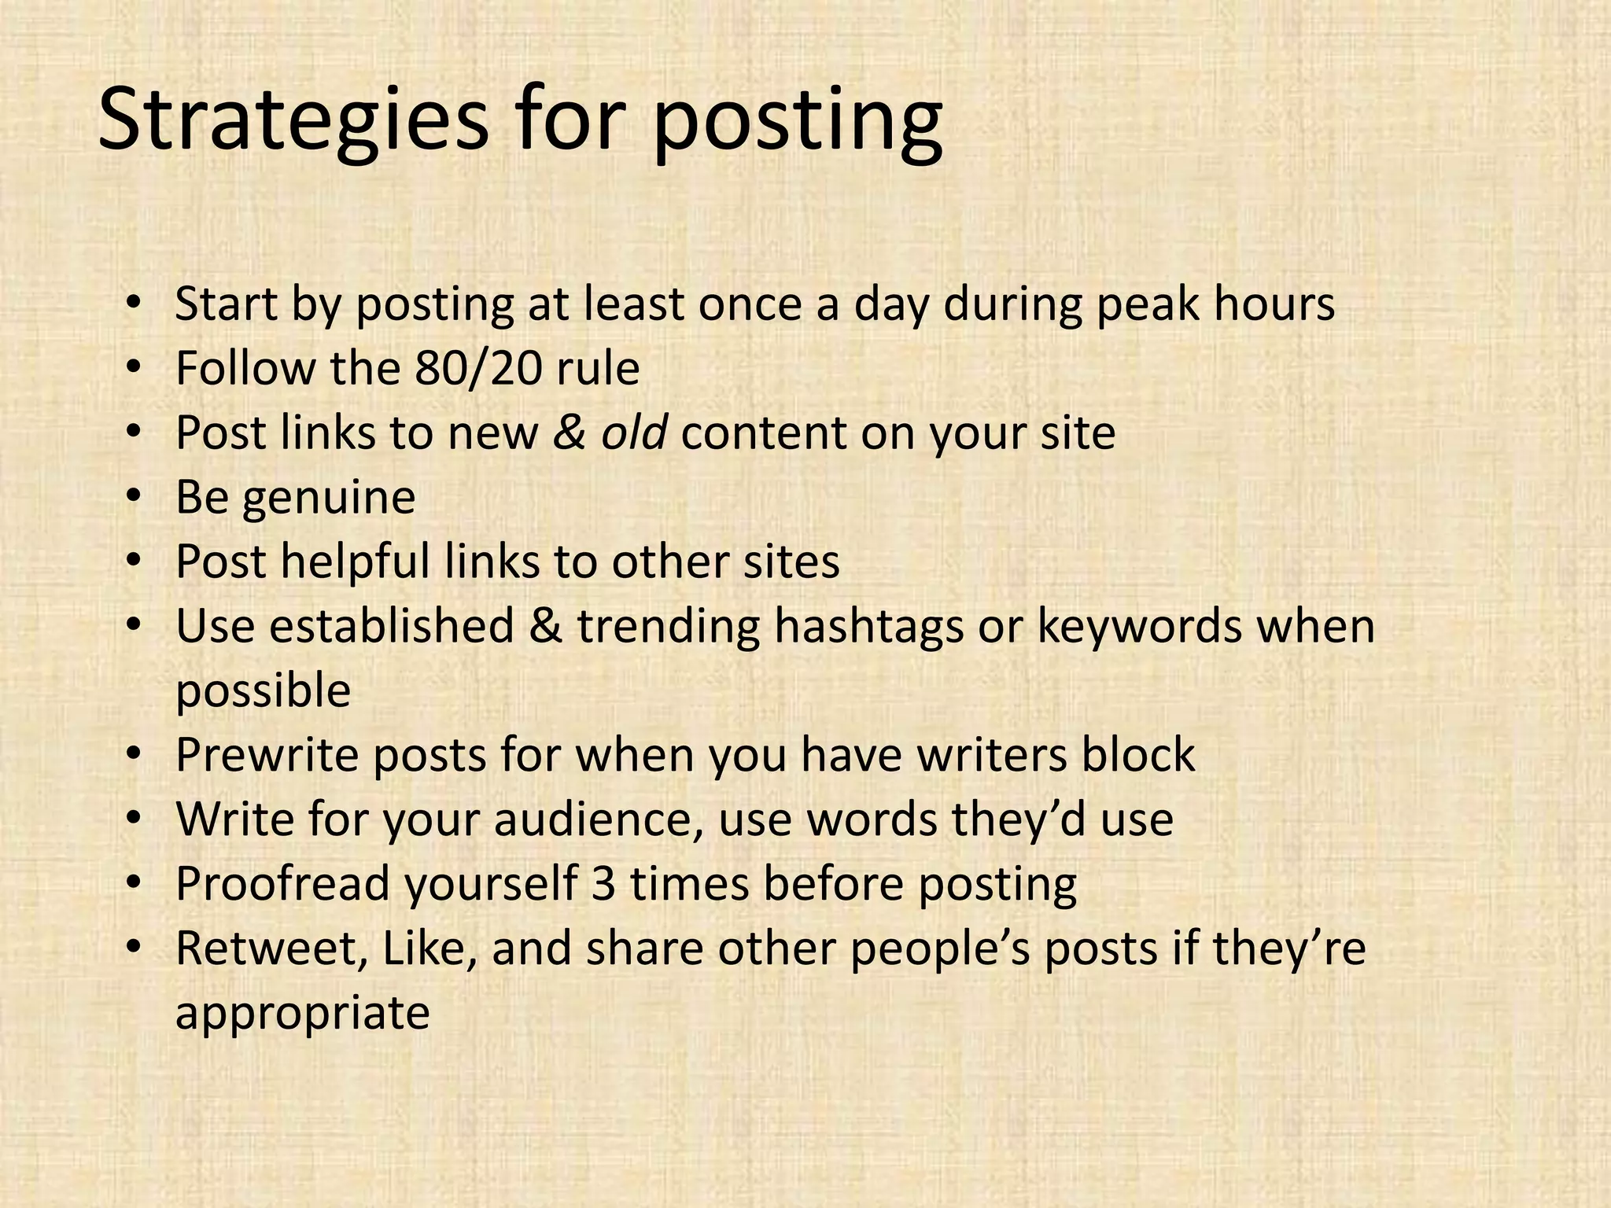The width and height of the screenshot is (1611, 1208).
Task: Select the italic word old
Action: coord(634,433)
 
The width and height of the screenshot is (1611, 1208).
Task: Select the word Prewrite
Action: coord(267,755)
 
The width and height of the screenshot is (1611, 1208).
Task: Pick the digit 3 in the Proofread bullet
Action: coord(603,884)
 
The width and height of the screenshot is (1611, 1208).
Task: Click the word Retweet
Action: coord(270,948)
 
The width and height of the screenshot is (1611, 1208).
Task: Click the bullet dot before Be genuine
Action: coord(135,497)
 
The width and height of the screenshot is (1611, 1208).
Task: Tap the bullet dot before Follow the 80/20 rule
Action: coord(135,368)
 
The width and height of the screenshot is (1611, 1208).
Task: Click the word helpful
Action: coord(356,562)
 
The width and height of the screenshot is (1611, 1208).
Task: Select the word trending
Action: coord(669,628)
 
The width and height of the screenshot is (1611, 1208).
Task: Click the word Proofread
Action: coord(282,884)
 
